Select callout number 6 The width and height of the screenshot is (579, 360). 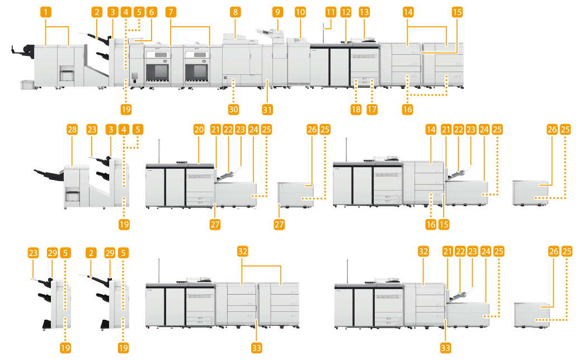(x=150, y=12)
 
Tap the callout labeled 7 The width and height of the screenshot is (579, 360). (x=171, y=11)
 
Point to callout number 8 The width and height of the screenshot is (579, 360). (x=236, y=11)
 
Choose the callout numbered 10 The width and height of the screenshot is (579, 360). (x=300, y=11)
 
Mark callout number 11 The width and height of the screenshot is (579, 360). (x=330, y=12)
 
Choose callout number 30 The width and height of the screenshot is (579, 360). (x=233, y=109)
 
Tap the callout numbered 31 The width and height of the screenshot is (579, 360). (x=268, y=109)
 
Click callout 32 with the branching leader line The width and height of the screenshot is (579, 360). (x=242, y=252)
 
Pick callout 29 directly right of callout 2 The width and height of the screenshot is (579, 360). (x=110, y=252)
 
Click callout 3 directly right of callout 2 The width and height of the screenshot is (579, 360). (x=114, y=12)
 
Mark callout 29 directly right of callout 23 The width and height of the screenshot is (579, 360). (x=53, y=252)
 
